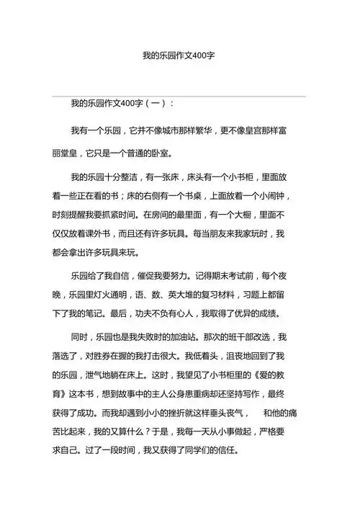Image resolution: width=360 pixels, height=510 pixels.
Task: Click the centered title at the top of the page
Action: (179, 55)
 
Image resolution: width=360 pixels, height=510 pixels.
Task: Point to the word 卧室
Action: (162, 153)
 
